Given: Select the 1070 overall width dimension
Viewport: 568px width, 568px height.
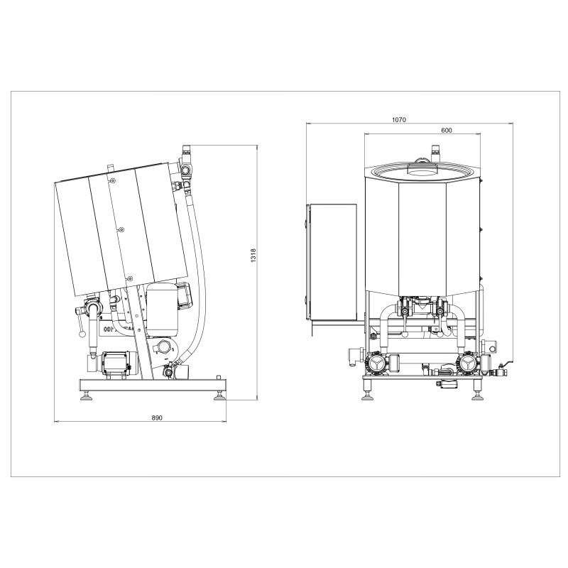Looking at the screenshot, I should pyautogui.click(x=399, y=120).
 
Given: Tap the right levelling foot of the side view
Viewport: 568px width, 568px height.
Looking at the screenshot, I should pyautogui.click(x=219, y=396).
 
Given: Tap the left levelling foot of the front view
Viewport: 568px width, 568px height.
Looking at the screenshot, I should pyautogui.click(x=368, y=395).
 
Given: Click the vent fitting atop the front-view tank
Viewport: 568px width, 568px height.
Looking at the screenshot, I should pyautogui.click(x=436, y=151).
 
